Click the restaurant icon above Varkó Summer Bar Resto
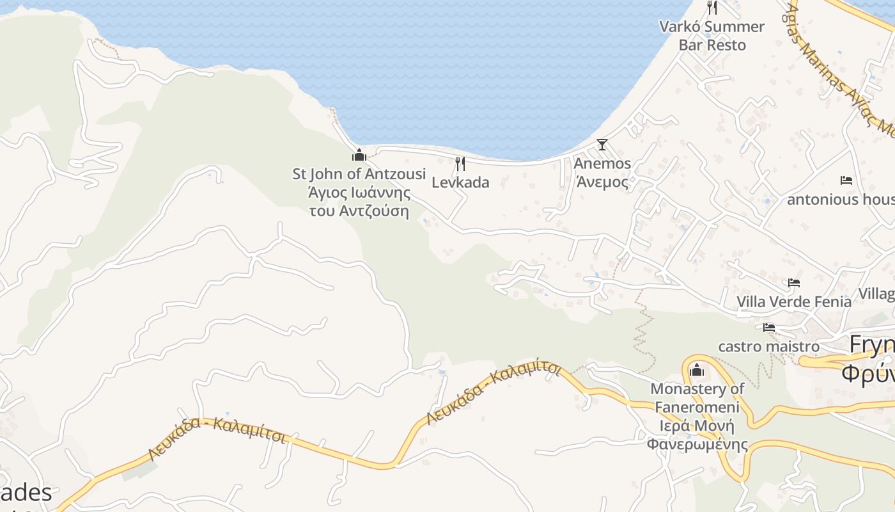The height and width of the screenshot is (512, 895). [x=712, y=8]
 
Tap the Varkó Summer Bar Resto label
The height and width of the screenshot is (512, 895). [x=712, y=36]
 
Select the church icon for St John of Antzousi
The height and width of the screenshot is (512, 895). [x=359, y=155]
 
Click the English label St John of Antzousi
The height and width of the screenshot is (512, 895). [x=359, y=173]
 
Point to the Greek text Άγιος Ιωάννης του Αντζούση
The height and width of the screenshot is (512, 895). [x=359, y=202]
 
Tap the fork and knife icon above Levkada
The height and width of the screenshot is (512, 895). [x=460, y=164]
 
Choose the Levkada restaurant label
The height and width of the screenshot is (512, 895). [x=460, y=182]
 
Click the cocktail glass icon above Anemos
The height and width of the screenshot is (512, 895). [x=602, y=145]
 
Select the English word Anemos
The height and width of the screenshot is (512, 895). [x=602, y=163]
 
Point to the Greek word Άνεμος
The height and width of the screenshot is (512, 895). [x=602, y=182]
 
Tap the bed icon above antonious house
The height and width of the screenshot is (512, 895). [x=846, y=180]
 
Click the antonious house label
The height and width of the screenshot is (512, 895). [x=840, y=200]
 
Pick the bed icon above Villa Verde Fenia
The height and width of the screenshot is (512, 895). [x=794, y=282]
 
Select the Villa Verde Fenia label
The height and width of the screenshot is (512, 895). [x=794, y=301]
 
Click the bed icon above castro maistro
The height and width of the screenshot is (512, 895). [x=769, y=328]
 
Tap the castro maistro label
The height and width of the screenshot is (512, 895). [x=768, y=346]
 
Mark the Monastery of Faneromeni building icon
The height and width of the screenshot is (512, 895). [x=697, y=370]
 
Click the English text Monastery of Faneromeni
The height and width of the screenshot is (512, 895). [x=697, y=397]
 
